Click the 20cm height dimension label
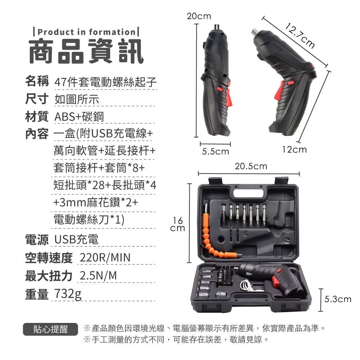pos(199,16)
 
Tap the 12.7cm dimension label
pos(300,36)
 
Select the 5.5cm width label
pos(215,152)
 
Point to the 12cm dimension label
pos(294,150)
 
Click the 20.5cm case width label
pos(251,166)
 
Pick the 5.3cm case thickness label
pos(338,299)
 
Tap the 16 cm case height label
pos(177,224)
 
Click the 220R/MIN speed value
pos(105,257)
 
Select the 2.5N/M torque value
pos(98,275)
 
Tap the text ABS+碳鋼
pos(79,117)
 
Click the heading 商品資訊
pos(86,51)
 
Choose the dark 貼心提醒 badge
pos(50,329)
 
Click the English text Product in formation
pos(86,32)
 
